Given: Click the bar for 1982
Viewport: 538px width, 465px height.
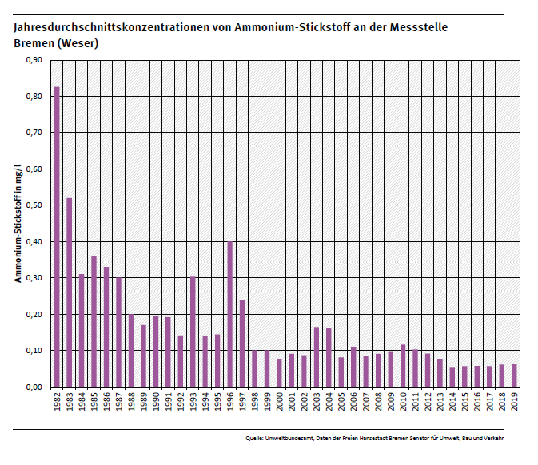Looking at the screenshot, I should (x=57, y=236).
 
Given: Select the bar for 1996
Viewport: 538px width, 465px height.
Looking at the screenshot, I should (x=230, y=314).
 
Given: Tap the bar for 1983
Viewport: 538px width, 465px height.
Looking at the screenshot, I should (x=70, y=292).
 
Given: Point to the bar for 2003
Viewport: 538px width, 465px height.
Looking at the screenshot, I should (x=317, y=356).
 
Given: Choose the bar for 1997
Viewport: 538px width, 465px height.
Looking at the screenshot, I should (x=242, y=343).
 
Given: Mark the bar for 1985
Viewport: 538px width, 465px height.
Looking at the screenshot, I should (x=94, y=321).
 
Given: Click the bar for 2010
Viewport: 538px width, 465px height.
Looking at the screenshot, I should (x=403, y=366).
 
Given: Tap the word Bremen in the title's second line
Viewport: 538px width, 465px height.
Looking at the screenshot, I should (x=33, y=43).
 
